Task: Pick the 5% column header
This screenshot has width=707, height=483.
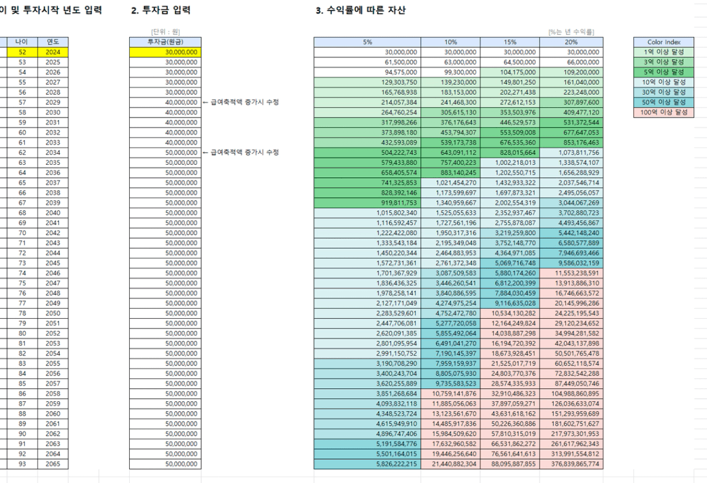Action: [367, 42]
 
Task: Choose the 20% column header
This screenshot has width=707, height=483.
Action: [572, 42]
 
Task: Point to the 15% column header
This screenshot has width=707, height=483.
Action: [510, 42]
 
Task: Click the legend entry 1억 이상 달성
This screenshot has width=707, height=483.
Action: [662, 53]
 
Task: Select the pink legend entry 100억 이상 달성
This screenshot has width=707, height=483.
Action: [662, 113]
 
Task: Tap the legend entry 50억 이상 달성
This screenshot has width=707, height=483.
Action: [662, 103]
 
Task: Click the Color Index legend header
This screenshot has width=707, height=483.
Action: [662, 42]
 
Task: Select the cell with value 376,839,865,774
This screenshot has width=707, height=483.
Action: [572, 463]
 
